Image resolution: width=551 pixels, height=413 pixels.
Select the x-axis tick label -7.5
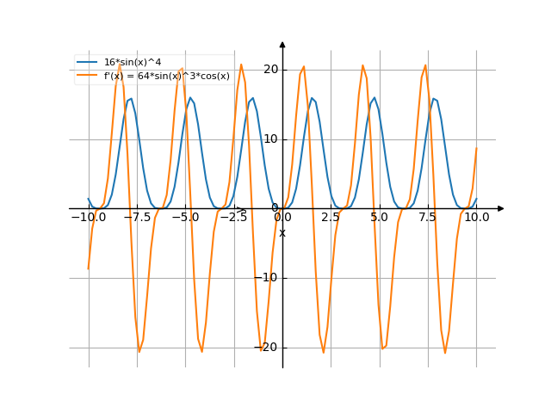[x=137, y=218]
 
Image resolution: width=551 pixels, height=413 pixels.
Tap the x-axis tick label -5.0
[x=185, y=218]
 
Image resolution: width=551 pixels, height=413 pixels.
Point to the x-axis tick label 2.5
[x=331, y=218]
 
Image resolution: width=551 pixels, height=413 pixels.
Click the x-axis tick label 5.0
[x=379, y=218]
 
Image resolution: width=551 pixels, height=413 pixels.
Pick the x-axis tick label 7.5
[x=428, y=218]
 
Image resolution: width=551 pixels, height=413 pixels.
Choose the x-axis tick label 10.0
[x=476, y=218]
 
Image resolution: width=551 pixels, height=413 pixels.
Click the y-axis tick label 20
[x=271, y=69]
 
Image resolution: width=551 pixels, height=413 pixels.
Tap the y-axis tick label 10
[x=271, y=139]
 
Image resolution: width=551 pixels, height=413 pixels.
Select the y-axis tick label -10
[x=269, y=277]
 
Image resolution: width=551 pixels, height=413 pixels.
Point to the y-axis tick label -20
[x=269, y=347]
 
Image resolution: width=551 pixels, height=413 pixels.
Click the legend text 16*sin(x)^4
[x=132, y=62]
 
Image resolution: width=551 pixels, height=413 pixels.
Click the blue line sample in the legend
[x=87, y=62]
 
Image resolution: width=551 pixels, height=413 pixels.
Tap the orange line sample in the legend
[x=87, y=76]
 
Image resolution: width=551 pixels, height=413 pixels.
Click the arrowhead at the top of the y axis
[x=282, y=43]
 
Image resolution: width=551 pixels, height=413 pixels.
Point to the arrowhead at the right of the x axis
[x=501, y=208]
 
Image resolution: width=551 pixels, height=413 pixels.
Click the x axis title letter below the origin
[x=282, y=233]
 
